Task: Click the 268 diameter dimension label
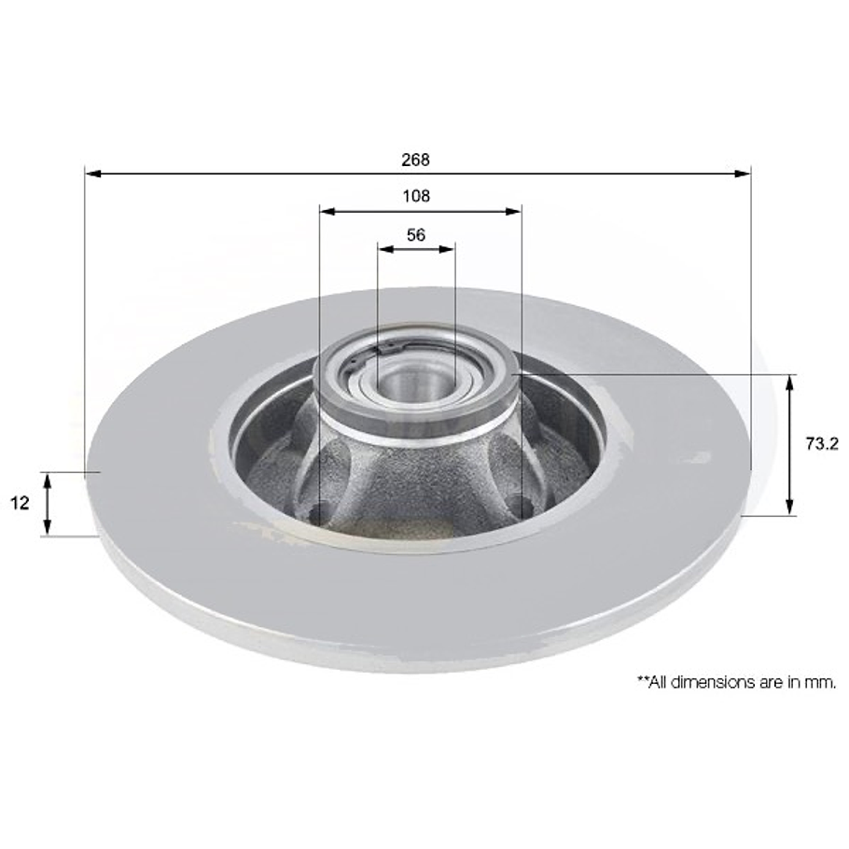click(x=415, y=160)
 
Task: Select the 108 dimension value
click(x=416, y=196)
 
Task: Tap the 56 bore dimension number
click(x=416, y=235)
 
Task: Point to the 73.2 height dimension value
click(x=820, y=445)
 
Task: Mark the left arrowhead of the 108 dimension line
click(x=326, y=211)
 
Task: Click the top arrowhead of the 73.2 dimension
click(x=791, y=381)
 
